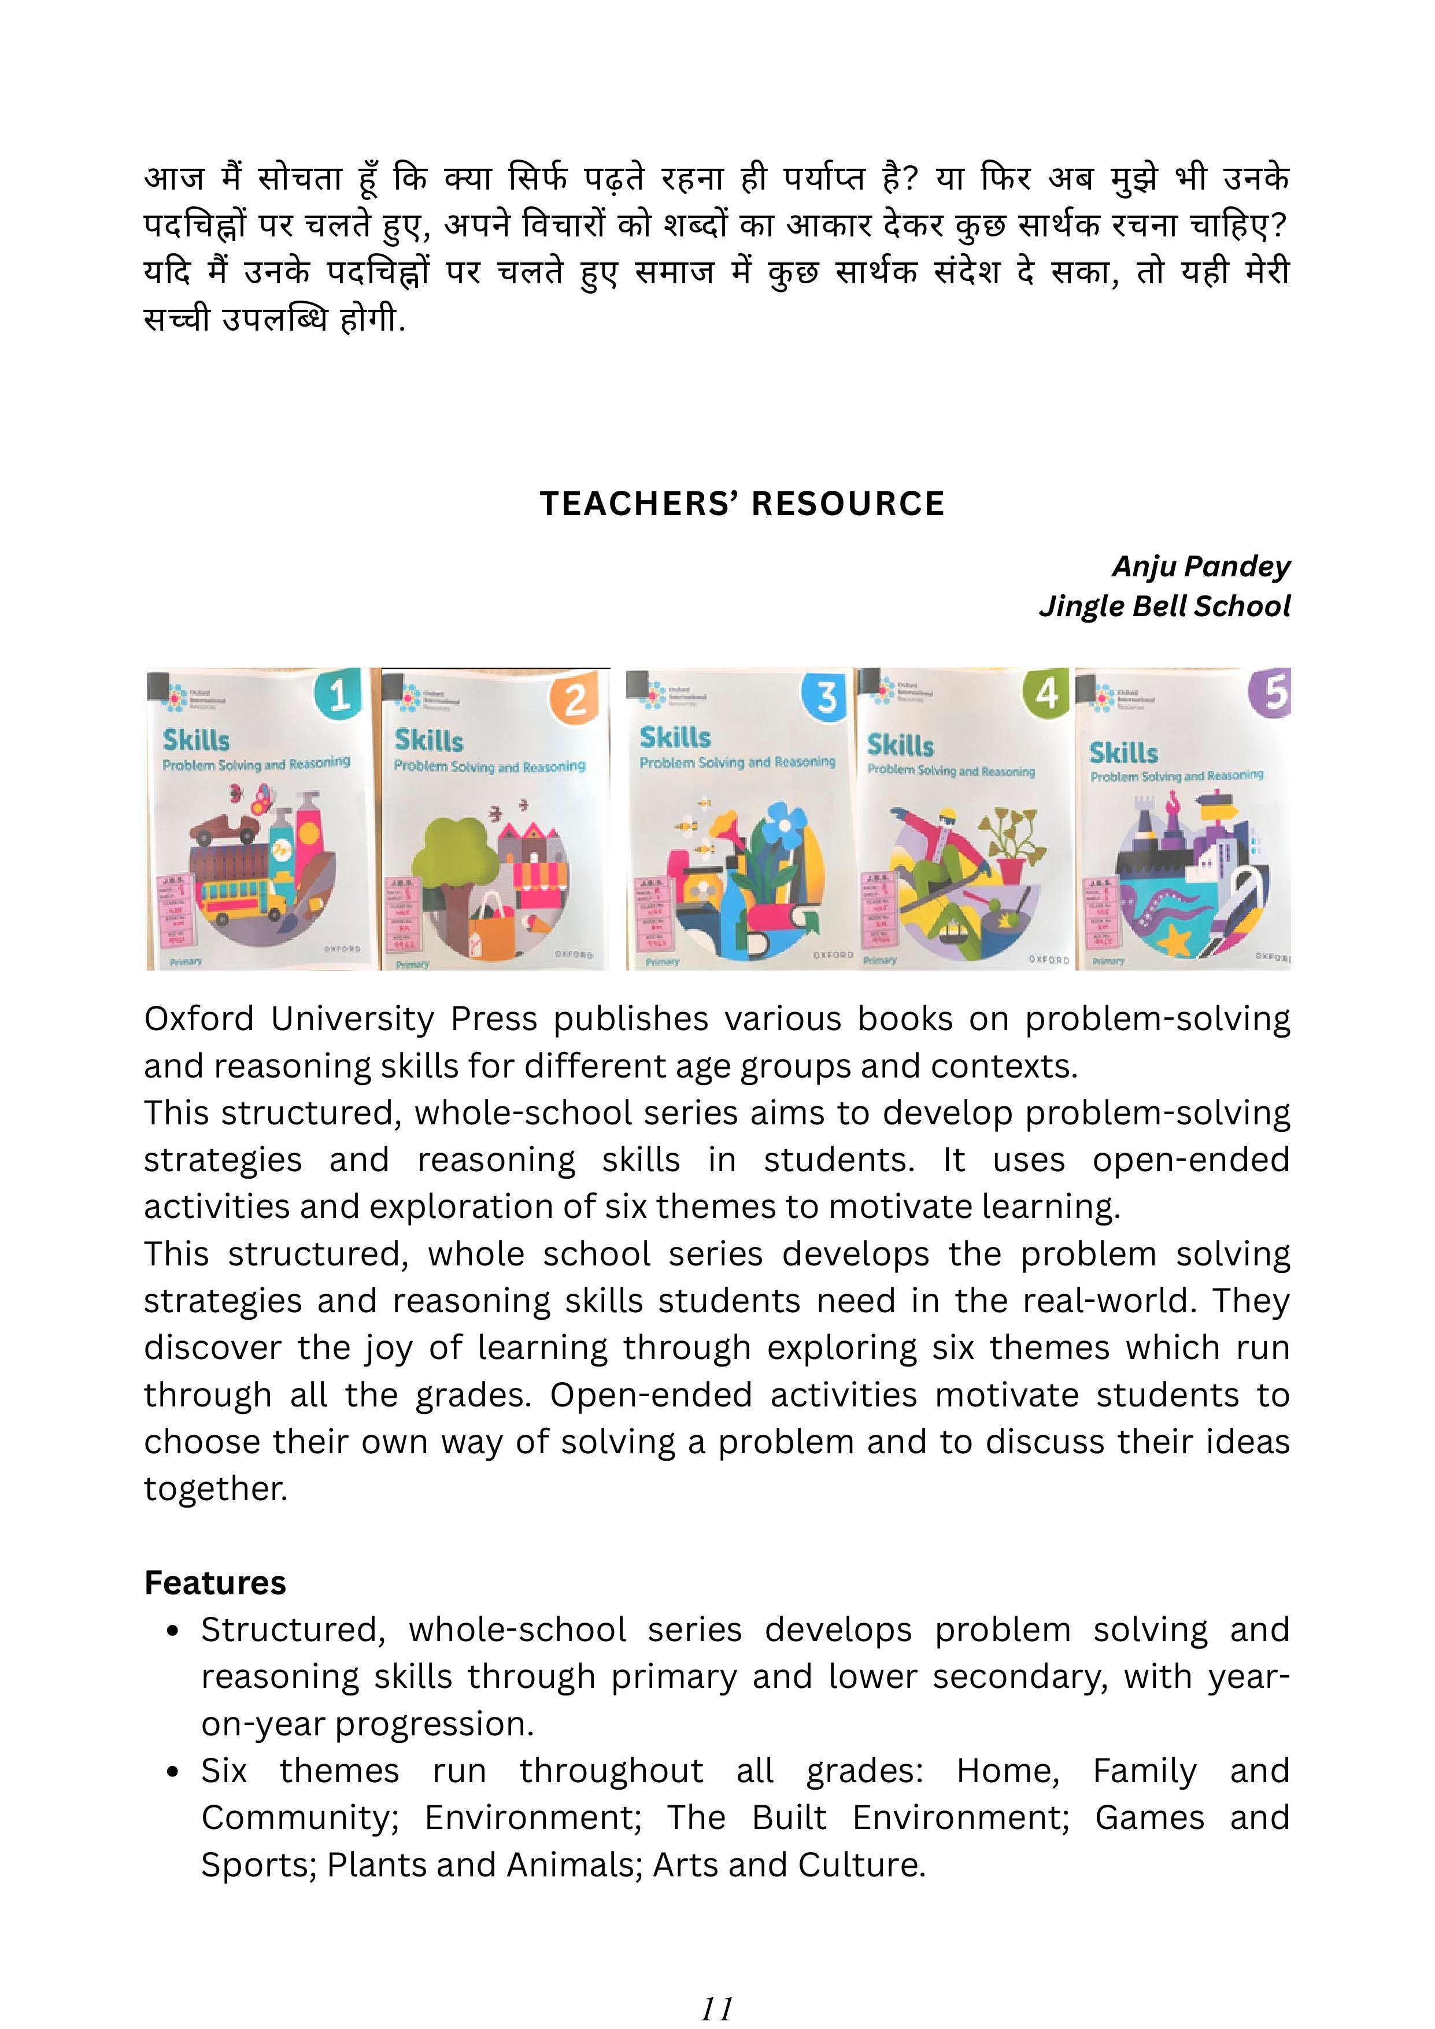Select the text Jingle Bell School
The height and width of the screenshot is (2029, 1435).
click(x=1164, y=606)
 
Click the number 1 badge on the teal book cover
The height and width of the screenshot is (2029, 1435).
click(x=338, y=695)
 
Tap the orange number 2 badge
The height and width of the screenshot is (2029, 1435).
click(x=575, y=700)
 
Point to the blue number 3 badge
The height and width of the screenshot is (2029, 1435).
click(x=825, y=697)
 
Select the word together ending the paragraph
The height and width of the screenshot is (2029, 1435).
click(x=216, y=1488)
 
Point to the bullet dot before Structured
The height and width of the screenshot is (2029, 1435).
click(x=173, y=1631)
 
